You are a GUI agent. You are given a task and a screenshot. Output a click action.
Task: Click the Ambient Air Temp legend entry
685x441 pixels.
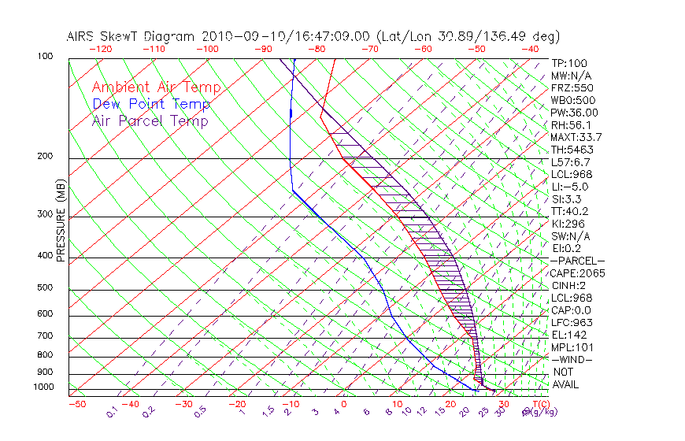[x=156, y=87]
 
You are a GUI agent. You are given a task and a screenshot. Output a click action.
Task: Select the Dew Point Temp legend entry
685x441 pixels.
[x=150, y=104]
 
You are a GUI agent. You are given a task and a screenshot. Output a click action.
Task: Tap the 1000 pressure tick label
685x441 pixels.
[x=44, y=387]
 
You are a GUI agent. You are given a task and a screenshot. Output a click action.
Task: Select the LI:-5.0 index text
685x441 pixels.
[x=569, y=187]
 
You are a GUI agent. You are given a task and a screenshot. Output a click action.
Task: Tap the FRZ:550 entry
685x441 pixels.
[x=572, y=87]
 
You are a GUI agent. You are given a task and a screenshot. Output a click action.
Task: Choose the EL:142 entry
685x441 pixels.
[x=567, y=335]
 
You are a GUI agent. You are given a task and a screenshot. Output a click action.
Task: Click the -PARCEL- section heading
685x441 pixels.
[x=577, y=261]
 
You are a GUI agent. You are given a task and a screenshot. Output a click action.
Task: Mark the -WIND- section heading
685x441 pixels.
[x=572, y=359]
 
